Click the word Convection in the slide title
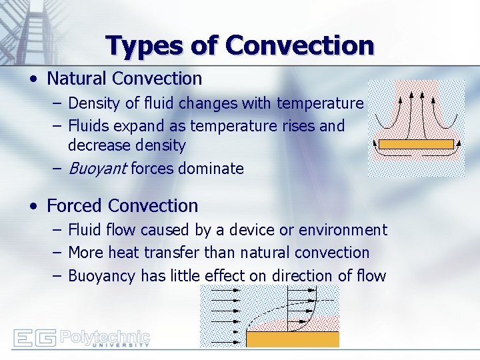(x=300, y=45)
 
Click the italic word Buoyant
(x=97, y=169)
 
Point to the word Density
(x=91, y=103)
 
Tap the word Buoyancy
(x=101, y=276)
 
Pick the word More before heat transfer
(x=85, y=253)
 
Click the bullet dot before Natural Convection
(x=33, y=79)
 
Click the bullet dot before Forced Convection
(x=33, y=207)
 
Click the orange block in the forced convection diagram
(x=292, y=339)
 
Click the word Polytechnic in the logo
(x=105, y=336)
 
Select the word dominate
(x=210, y=169)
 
